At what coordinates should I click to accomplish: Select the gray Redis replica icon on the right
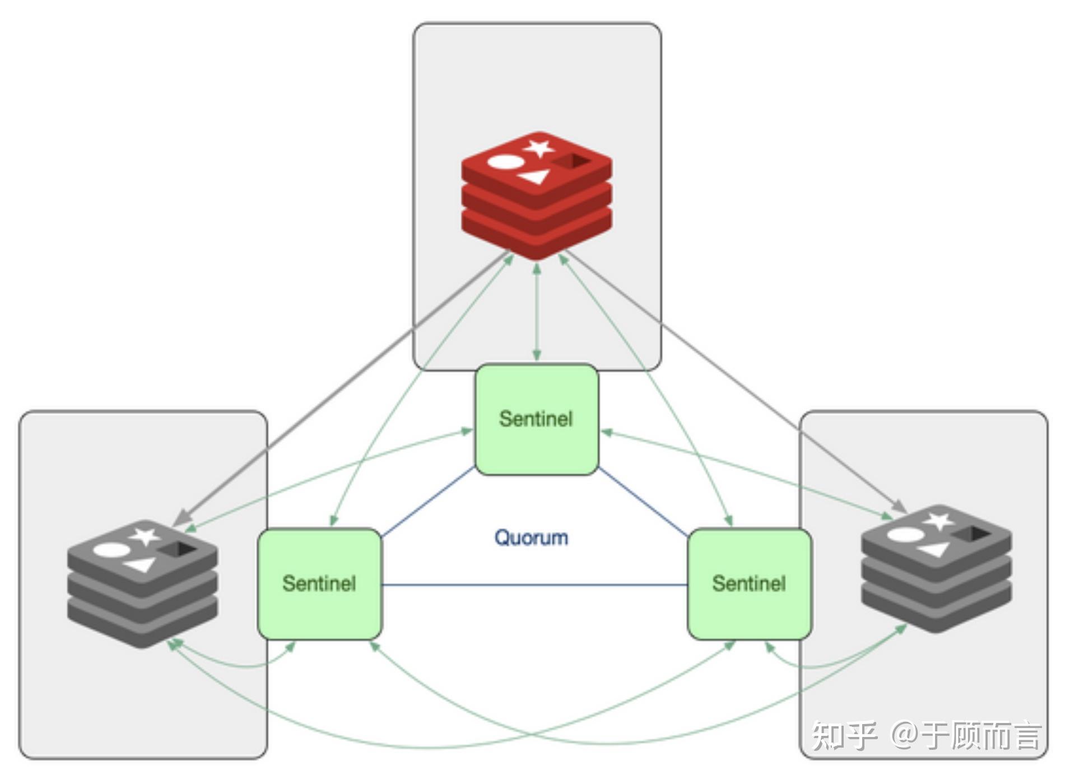937,569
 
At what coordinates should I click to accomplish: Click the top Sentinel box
537,419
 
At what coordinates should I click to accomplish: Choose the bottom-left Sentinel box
319,583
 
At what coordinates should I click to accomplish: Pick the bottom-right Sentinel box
749,583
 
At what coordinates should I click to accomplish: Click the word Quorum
531,537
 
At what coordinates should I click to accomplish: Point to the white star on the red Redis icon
538,149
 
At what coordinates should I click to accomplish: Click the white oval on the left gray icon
111,550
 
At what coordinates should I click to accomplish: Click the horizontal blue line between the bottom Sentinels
534,585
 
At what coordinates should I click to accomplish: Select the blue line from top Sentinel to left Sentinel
428,502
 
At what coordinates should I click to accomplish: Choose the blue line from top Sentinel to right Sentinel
643,502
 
